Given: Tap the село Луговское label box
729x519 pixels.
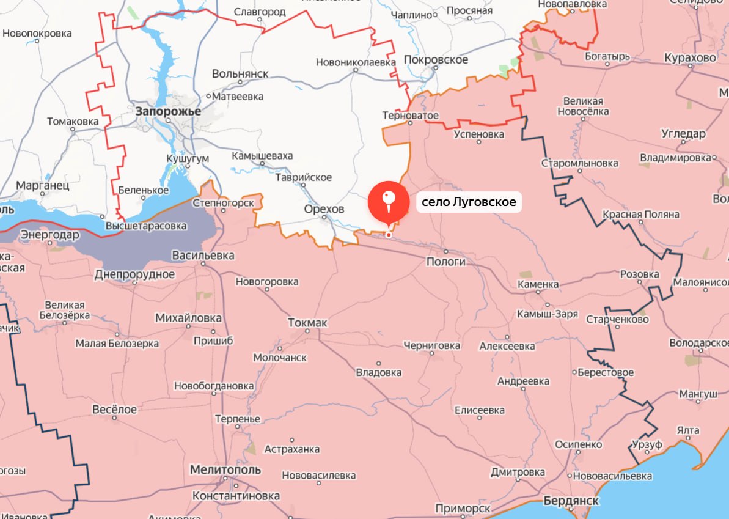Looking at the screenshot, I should tap(469, 202).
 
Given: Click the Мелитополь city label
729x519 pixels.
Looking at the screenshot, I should tap(225, 470).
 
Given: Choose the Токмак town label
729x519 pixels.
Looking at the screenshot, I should tap(307, 322).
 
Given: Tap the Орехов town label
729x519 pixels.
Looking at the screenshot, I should tap(324, 209).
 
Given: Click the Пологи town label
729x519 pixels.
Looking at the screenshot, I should tap(446, 262).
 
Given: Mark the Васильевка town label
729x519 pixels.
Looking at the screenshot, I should tap(203, 256).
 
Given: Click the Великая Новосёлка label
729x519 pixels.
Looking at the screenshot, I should tap(583, 106).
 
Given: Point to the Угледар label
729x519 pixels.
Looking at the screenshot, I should tap(683, 134).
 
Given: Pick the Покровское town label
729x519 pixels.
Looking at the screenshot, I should tap(436, 60).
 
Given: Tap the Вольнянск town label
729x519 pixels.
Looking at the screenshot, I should tap(240, 73).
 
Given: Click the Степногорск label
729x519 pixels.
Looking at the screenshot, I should tap(222, 202).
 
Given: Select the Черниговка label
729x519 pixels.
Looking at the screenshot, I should tap(431, 345).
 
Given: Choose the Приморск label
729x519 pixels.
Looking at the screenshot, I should tap(463, 509).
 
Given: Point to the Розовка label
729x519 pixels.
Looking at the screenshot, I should tap(639, 274).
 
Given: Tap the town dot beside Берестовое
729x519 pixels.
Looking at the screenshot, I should tap(574, 372).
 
